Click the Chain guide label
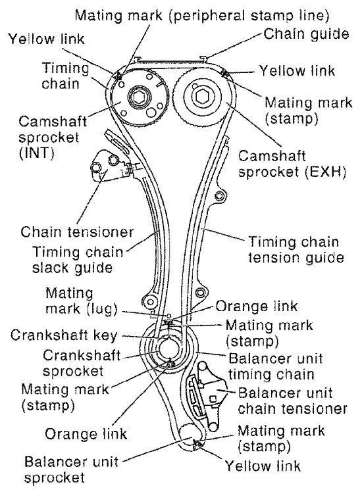pyautogui.click(x=306, y=34)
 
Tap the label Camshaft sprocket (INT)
pyautogui.click(x=52, y=137)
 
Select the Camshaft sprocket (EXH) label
pyautogui.click(x=292, y=164)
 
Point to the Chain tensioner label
pyautogui.click(x=77, y=232)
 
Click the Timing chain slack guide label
pyautogui.click(x=78, y=260)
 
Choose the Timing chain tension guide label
pyautogui.click(x=296, y=250)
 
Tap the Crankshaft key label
pyautogui.click(x=64, y=335)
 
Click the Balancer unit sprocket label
pyautogui.click(x=72, y=470)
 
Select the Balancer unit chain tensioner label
pyautogui.click(x=292, y=401)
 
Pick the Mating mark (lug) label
pyautogui.click(x=82, y=301)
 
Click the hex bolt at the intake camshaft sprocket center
pyautogui.click(x=137, y=97)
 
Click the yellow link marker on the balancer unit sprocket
pyautogui.click(x=197, y=445)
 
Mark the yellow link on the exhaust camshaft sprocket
pyautogui.click(x=224, y=74)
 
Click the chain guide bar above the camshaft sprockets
pyautogui.click(x=170, y=60)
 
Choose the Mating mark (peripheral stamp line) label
pyautogui.click(x=201, y=15)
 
